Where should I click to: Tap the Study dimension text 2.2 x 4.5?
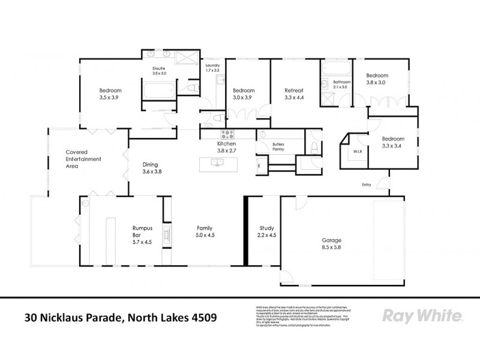(x=266, y=236)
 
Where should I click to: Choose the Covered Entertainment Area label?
(x=83, y=159)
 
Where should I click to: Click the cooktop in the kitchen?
(x=228, y=134)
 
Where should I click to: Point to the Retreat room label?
(x=294, y=91)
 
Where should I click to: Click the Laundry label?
(x=212, y=65)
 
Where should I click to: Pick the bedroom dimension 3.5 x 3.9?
(x=110, y=97)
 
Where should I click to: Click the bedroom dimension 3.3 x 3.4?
(x=393, y=146)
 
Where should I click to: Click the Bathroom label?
(x=342, y=82)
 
